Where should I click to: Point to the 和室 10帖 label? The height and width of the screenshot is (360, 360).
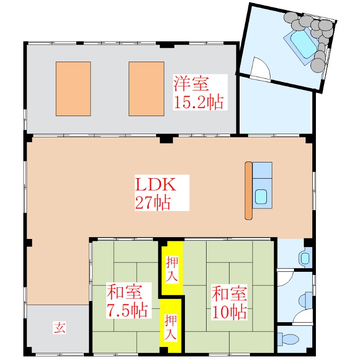coord(229,301)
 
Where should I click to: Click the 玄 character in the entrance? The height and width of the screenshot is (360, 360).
coord(60,327)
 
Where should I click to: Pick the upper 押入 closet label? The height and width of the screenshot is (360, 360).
coord(171,269)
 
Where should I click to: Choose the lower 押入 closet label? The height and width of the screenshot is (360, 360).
coord(171,327)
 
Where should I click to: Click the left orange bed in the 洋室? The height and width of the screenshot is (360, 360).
coord(73,89)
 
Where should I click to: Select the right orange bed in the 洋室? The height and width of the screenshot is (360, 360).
coord(146,89)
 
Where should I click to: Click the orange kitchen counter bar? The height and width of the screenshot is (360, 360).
coord(248,190)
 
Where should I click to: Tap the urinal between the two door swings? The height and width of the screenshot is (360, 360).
coord(308,299)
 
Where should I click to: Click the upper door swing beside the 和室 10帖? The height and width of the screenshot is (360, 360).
coord(284,279)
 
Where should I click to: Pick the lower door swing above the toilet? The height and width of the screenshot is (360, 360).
coord(303,317)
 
